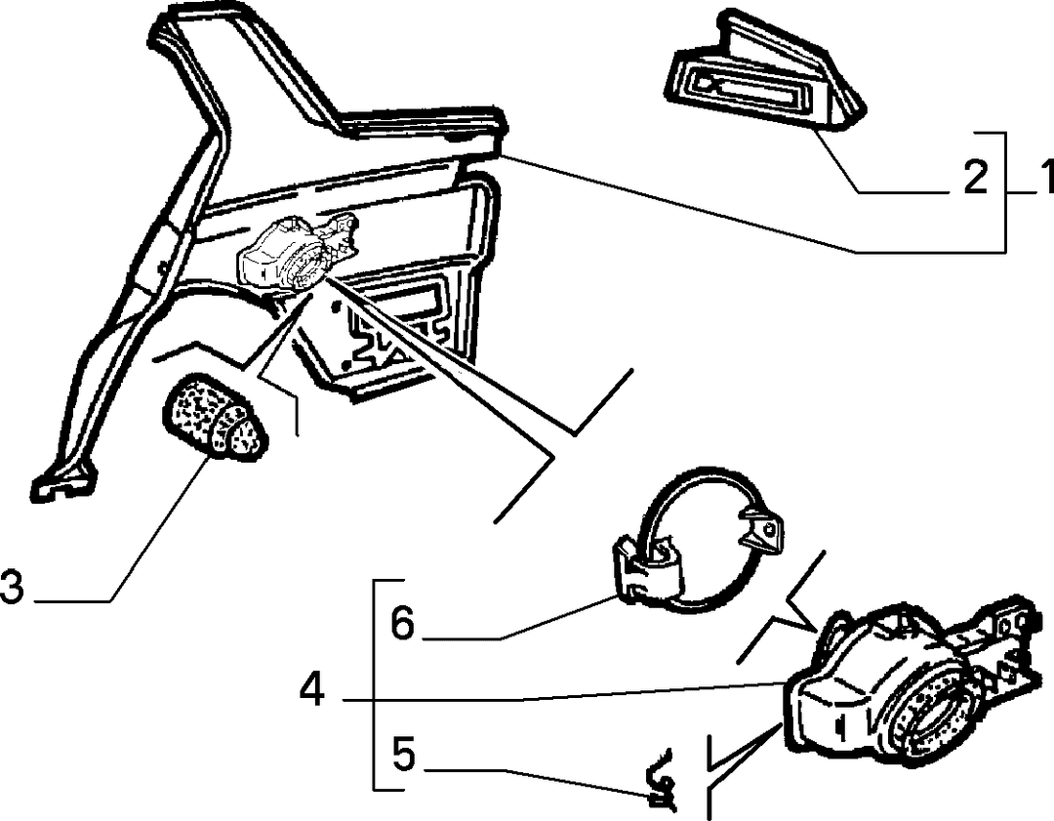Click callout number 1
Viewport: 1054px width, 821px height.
1044,177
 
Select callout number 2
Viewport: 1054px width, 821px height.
975,178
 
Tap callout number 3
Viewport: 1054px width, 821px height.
13,586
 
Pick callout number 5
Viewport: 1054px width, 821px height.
403,754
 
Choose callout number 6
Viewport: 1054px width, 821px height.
403,623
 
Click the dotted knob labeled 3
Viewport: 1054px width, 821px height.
214,417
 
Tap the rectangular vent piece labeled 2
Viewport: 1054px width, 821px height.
762,71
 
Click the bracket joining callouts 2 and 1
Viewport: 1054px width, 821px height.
1005,191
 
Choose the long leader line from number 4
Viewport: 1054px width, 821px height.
565,692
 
